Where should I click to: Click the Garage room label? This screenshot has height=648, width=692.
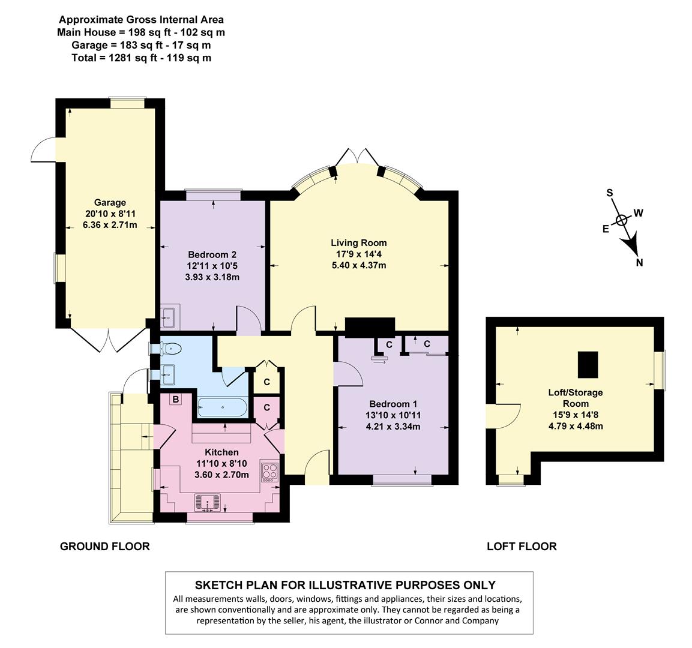coord(110,202)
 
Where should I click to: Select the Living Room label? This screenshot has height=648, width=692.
coord(359,243)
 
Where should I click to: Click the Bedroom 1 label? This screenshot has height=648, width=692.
coord(393,404)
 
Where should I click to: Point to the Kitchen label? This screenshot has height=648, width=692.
coord(221,452)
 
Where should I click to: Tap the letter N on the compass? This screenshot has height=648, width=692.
coord(640,262)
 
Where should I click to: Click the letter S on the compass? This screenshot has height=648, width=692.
coord(609,193)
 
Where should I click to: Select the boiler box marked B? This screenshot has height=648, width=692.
coord(176,400)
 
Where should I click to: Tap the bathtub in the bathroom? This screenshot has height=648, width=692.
coord(221,407)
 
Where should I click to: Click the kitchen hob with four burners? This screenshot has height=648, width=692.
coord(269,472)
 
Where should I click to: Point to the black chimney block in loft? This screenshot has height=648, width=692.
coord(588,365)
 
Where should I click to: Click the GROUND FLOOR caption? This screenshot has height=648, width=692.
coord(104,546)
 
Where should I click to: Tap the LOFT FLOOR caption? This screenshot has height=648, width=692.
coord(521,546)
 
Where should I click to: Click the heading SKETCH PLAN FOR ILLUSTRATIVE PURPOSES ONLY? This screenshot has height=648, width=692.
coord(345,585)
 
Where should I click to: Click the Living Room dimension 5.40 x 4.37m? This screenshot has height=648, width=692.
coord(359,265)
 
